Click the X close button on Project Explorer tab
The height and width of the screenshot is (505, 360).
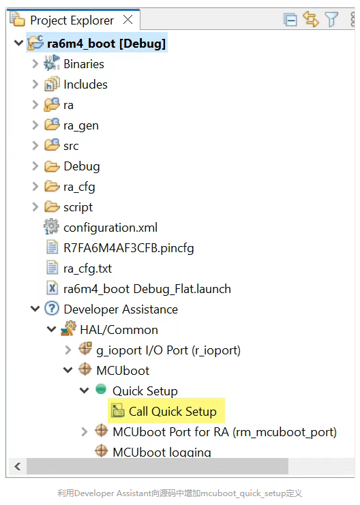click(128, 20)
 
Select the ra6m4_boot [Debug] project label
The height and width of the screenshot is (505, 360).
click(106, 44)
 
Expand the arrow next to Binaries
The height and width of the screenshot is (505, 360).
click(35, 64)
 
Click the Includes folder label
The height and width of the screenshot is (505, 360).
click(85, 85)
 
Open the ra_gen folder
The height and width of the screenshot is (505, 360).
click(81, 125)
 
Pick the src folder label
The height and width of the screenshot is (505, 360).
click(71, 146)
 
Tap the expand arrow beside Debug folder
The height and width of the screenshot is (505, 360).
click(35, 166)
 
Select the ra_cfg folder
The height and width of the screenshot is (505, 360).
click(79, 187)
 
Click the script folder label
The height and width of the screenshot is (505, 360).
click(78, 207)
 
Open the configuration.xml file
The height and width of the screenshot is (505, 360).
click(110, 228)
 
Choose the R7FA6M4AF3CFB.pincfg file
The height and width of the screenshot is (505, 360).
click(129, 248)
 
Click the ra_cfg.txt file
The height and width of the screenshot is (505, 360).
click(88, 269)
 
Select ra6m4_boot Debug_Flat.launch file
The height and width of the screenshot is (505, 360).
click(147, 289)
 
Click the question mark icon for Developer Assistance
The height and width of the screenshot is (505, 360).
click(52, 308)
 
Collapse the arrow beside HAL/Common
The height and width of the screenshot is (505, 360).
click(52, 329)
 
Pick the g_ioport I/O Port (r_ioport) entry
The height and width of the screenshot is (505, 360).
click(168, 350)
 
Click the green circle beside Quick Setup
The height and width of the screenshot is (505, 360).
click(101, 389)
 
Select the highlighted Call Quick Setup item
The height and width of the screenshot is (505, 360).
click(172, 411)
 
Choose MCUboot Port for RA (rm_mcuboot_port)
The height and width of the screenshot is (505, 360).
click(224, 432)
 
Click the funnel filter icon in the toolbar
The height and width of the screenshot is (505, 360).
click(331, 20)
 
